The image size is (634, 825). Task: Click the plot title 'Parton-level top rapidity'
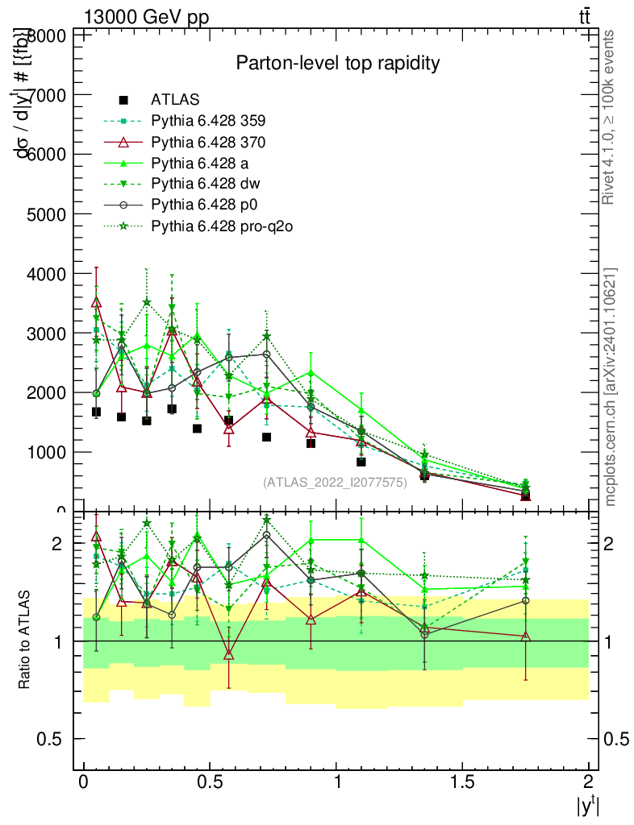click(x=337, y=63)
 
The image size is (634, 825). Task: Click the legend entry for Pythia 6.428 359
click(x=208, y=121)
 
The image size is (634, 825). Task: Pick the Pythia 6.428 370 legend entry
click(x=208, y=142)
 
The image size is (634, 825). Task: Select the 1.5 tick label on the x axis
click(x=462, y=782)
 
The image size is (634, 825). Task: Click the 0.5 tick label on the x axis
click(x=210, y=782)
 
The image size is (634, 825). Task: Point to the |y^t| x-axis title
click(x=586, y=806)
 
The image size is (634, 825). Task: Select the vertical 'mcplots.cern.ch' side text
click(x=611, y=386)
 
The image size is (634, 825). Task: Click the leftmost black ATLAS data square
click(x=96, y=412)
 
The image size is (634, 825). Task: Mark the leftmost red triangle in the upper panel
click(x=97, y=302)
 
